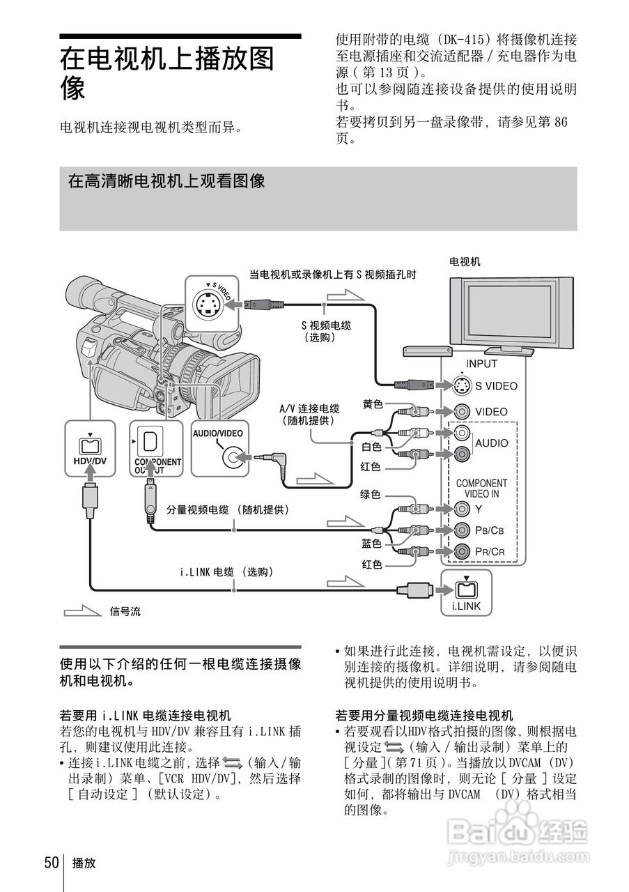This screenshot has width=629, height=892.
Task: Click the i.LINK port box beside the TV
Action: pyautogui.click(x=466, y=592)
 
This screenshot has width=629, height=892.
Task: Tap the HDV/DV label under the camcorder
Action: pyautogui.click(x=90, y=461)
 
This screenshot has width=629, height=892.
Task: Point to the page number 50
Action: pyautogui.click(x=52, y=863)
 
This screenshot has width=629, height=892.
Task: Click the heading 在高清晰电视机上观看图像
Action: pyautogui.click(x=166, y=182)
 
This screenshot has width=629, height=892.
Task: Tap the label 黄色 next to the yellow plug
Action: pyautogui.click(x=373, y=403)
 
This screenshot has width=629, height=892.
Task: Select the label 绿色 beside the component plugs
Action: pyautogui.click(x=370, y=495)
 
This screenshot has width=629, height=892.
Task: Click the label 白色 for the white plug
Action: pyautogui.click(x=371, y=446)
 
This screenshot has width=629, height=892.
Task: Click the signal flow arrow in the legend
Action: pyautogui.click(x=82, y=611)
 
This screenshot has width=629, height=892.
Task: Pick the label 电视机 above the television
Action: pyautogui.click(x=465, y=262)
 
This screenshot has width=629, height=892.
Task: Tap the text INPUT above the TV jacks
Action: pyautogui.click(x=481, y=363)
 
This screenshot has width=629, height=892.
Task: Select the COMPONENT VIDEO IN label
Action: pyautogui.click(x=481, y=488)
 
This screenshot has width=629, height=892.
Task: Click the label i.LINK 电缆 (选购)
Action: pyautogui.click(x=226, y=572)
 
